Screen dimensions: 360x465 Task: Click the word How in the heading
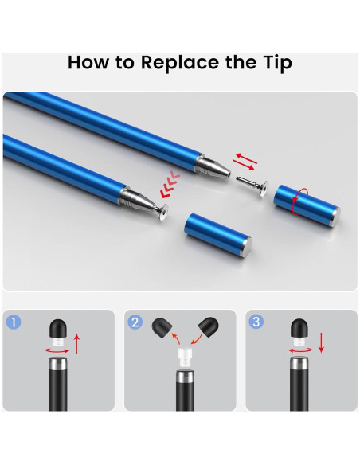point(88,62)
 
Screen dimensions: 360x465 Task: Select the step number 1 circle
point(14,322)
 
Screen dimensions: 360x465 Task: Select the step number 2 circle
point(135,322)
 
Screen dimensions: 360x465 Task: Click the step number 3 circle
point(256,322)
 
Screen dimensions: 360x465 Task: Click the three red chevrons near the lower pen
point(170,184)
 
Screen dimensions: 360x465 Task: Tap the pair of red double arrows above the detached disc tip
point(245,162)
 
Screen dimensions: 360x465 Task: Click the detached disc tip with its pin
point(252,186)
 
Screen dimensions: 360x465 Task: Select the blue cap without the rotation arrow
point(218,235)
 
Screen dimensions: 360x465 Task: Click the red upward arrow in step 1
point(76,344)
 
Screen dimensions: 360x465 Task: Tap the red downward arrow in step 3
point(322,342)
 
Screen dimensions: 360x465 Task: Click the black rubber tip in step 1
point(57,328)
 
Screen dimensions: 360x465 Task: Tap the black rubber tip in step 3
point(299,328)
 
